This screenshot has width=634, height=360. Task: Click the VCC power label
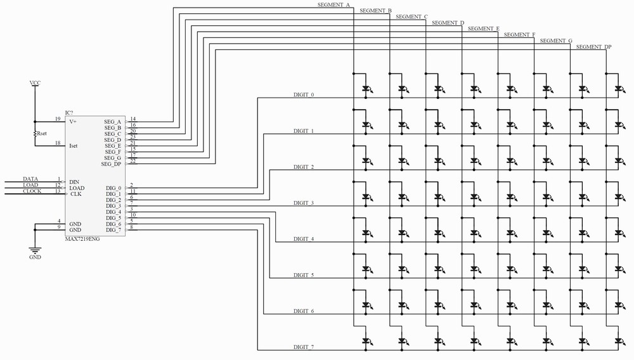[x=35, y=83]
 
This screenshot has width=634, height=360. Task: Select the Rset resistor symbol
[x=36, y=134]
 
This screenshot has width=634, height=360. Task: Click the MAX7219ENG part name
[x=82, y=239]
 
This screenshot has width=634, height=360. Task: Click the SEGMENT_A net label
[x=333, y=5]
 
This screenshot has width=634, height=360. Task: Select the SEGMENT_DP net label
[x=593, y=47]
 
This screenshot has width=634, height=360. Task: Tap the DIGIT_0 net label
[x=304, y=94]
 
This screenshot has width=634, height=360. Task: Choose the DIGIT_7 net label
[x=304, y=347]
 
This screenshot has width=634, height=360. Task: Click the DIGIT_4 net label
[x=304, y=239]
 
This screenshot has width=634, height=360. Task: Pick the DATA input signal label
[x=30, y=179]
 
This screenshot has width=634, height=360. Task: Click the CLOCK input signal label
[x=32, y=191]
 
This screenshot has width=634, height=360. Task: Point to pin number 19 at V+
[x=57, y=119]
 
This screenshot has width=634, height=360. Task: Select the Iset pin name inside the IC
[x=74, y=145]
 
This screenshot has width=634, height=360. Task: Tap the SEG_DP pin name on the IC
[x=111, y=164]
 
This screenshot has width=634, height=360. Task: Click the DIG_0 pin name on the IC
[x=113, y=188]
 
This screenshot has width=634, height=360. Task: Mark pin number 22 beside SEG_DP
[x=133, y=161]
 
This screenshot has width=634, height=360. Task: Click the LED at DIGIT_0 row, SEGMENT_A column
[x=366, y=89]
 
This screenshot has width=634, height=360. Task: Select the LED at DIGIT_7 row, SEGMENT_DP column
[x=619, y=342]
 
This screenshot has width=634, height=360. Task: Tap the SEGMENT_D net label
[x=448, y=23]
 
